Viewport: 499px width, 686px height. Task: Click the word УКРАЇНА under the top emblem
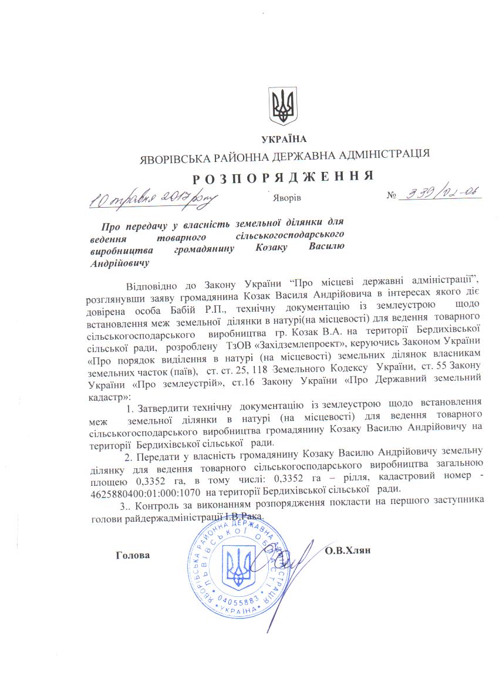(284, 138)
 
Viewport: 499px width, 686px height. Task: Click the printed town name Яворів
(287, 197)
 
